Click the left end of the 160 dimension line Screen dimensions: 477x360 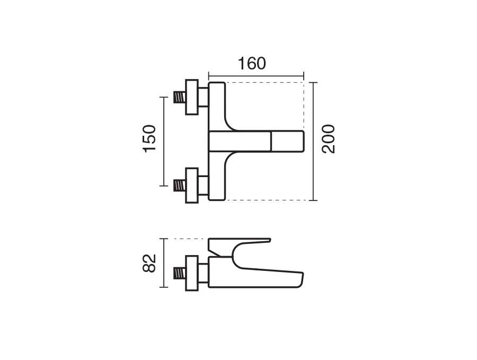[x=209, y=76]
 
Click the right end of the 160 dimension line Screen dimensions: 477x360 [x=304, y=76]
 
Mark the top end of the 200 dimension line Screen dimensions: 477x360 [x=313, y=83]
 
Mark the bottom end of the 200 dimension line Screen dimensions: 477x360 [x=313, y=200]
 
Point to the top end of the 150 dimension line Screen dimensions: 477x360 [x=164, y=98]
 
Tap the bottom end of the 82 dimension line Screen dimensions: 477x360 [x=164, y=287]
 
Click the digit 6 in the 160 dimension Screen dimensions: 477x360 [x=251, y=64]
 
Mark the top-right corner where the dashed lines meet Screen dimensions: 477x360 [x=304, y=83]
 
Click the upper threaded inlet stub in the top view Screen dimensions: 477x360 [x=180, y=97]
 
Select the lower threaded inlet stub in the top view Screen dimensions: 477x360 [x=180, y=186]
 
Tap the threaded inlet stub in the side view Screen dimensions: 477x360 [x=180, y=273]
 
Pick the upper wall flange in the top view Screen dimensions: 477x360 [x=192, y=98]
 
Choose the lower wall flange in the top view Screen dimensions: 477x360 [x=192, y=186]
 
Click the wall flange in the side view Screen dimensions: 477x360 [x=192, y=273]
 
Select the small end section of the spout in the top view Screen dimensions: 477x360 [x=288, y=141]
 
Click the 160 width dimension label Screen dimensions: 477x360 [x=252, y=64]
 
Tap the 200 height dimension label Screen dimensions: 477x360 [x=329, y=139]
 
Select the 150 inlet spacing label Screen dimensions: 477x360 [x=149, y=138]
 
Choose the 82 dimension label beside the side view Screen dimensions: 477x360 [x=149, y=263]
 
